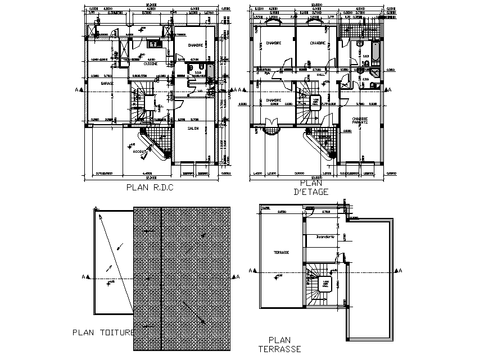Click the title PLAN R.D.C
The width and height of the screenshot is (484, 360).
pyautogui.click(x=150, y=188)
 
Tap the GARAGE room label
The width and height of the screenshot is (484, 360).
pyautogui.click(x=107, y=83)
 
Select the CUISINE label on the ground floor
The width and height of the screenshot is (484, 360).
pyautogui.click(x=150, y=63)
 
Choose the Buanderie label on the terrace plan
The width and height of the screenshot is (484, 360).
pyautogui.click(x=325, y=236)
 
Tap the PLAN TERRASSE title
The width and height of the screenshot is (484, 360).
pyautogui.click(x=279, y=344)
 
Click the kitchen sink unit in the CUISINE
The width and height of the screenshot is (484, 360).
pyautogui.click(x=153, y=43)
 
